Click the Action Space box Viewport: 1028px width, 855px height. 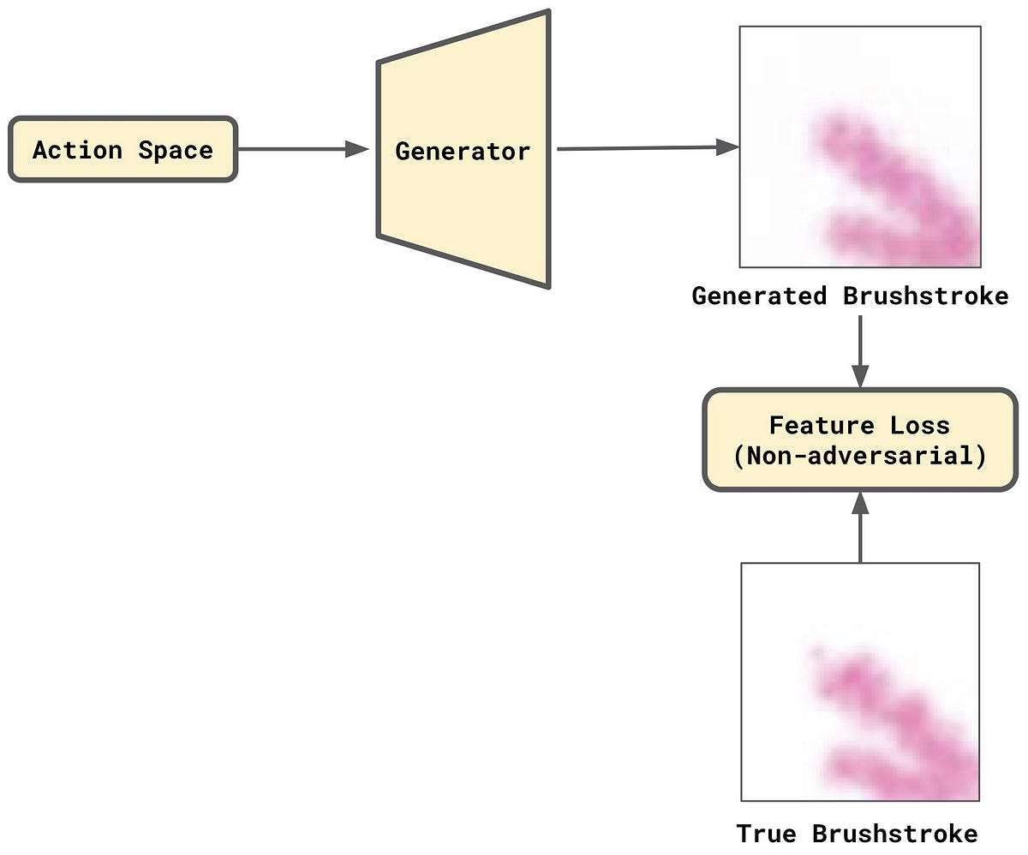coord(123,150)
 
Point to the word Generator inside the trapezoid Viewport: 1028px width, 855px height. coord(463,152)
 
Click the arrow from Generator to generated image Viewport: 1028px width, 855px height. coord(642,148)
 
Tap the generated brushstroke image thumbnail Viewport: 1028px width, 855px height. coord(859,146)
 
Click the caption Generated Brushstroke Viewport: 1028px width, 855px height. coord(850,296)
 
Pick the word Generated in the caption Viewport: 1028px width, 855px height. coord(759,296)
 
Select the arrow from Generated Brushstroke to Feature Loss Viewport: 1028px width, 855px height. coord(859,351)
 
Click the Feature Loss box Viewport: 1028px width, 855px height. coord(859,440)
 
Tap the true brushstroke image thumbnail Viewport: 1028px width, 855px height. coord(859,681)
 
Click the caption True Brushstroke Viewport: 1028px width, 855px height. coord(857,833)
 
